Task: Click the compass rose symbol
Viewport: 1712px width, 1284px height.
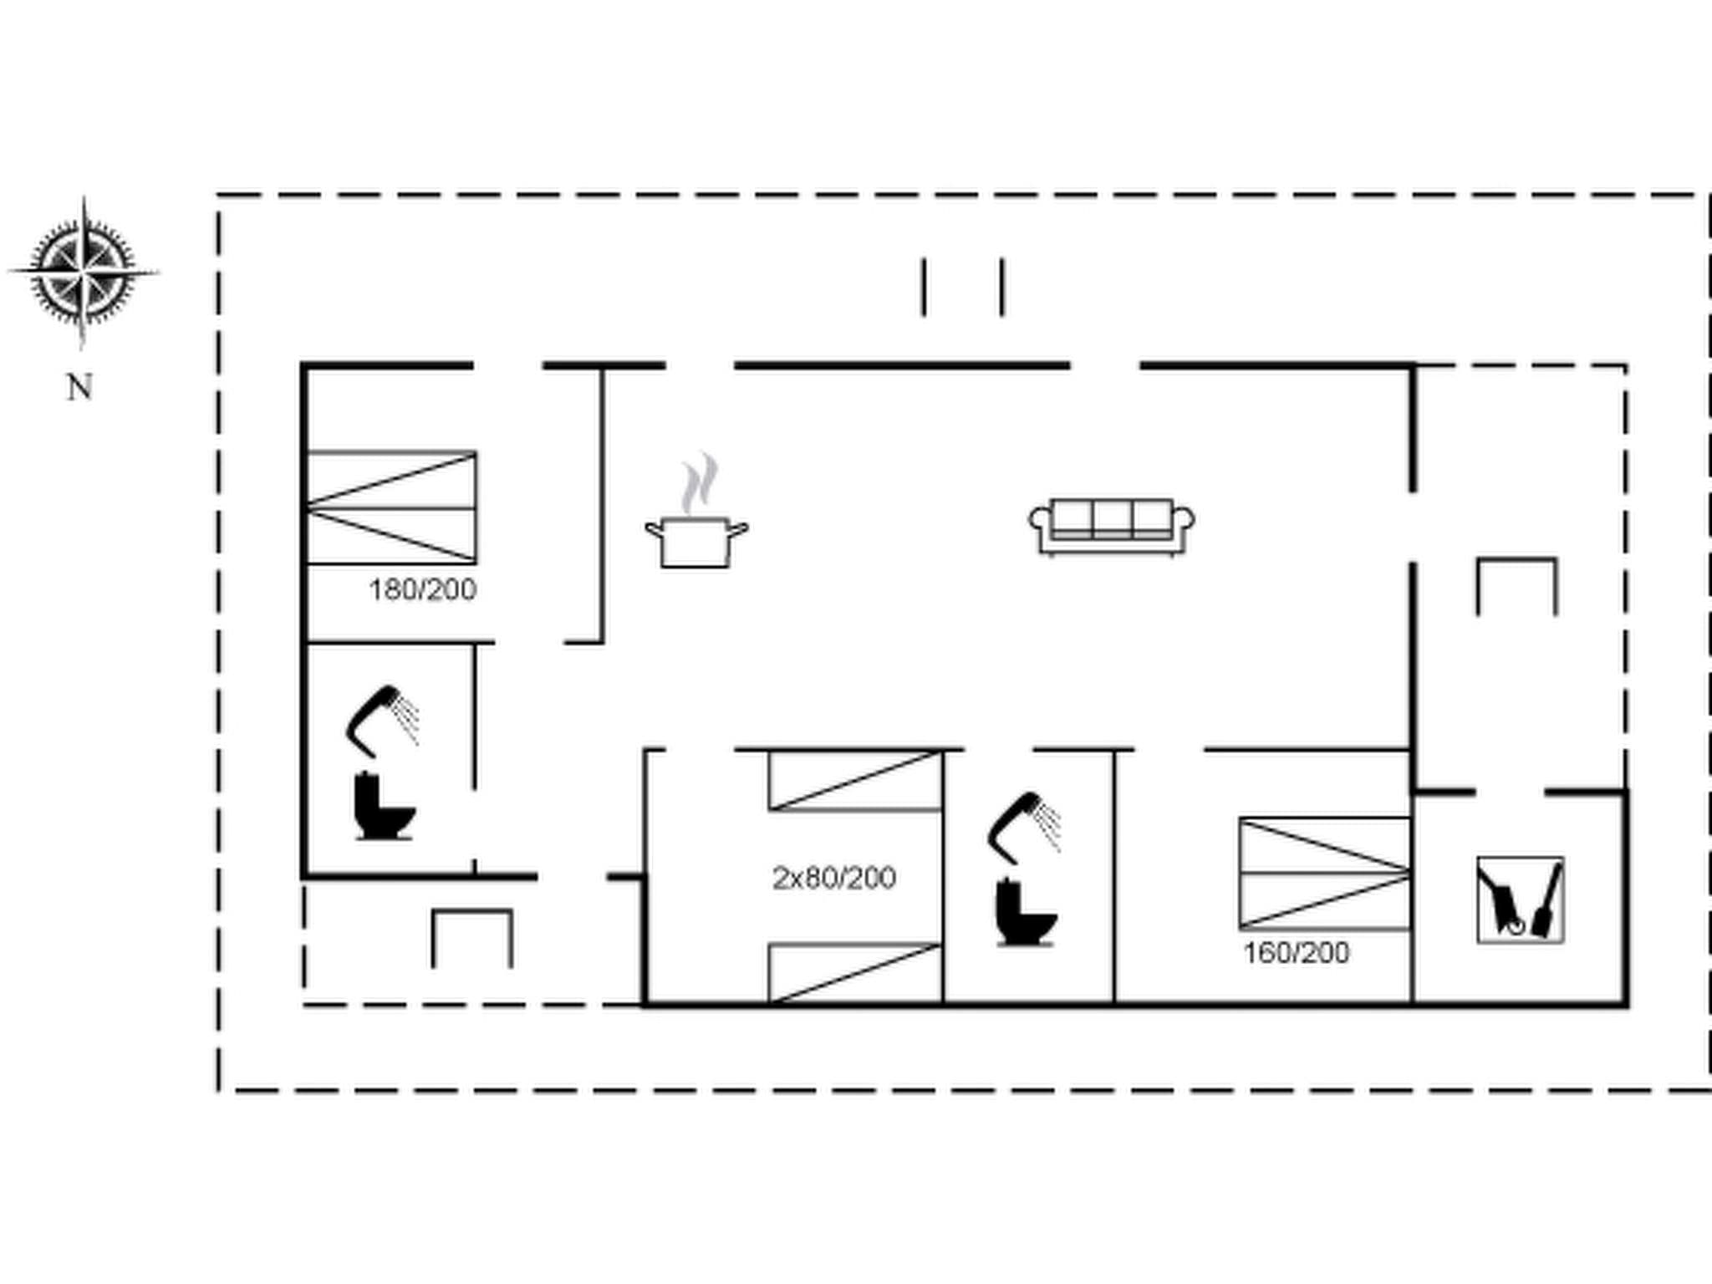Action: (x=83, y=272)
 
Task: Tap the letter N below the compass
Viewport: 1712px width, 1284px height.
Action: (x=79, y=388)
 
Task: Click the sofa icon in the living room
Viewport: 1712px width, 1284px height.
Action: (x=1112, y=527)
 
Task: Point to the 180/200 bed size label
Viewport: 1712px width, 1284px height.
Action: (x=423, y=590)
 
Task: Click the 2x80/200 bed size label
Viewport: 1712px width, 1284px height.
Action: (x=833, y=878)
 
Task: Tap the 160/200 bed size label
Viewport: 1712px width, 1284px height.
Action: (x=1296, y=953)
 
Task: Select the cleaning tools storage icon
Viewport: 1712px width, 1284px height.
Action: (x=1520, y=900)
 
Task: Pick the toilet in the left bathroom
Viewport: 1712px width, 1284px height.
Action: (x=382, y=808)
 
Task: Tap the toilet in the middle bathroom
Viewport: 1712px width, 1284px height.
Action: (x=1025, y=914)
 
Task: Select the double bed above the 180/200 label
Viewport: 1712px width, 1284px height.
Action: (x=392, y=507)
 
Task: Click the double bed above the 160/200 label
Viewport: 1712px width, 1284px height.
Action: (x=1325, y=874)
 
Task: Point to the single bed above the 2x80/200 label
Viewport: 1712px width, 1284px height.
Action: (x=855, y=781)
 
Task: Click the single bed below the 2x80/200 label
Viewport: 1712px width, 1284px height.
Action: (x=855, y=972)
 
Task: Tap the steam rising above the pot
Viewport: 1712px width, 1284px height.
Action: (x=699, y=483)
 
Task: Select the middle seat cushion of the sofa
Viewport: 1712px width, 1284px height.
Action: (x=1112, y=518)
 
